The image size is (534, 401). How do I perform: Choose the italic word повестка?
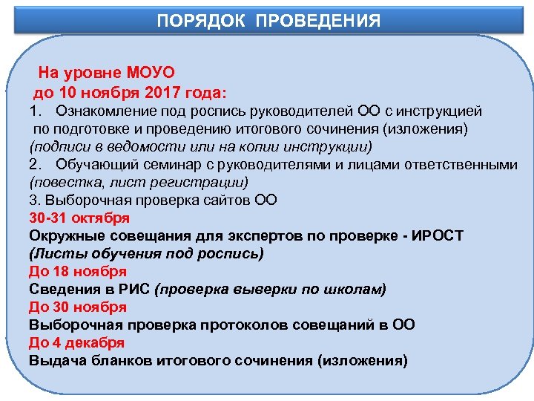[x=62, y=183]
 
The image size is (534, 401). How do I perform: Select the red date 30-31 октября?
[x=79, y=218]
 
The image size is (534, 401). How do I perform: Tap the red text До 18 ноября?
[x=78, y=271]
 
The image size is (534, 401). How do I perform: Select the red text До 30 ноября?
[x=78, y=307]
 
